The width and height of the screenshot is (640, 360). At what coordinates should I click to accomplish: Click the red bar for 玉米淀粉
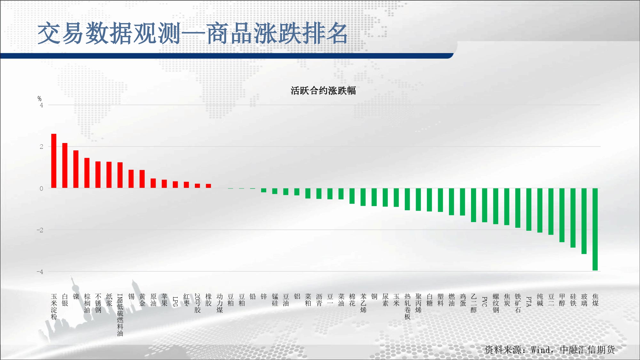click(54, 161)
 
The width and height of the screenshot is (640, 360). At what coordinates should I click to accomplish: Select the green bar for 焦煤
click(595, 229)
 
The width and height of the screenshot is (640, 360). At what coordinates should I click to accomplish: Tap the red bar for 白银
click(65, 165)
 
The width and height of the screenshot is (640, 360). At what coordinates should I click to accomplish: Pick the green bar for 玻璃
click(584, 221)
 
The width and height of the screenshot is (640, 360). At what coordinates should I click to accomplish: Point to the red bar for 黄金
click(142, 179)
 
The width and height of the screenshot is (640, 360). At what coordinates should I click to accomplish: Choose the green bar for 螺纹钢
click(496, 206)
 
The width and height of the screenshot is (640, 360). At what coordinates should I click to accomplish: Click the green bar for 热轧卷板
click(407, 199)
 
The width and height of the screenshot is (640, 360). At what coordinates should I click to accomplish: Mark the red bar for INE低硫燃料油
click(120, 175)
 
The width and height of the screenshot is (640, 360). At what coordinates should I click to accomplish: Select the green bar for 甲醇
click(562, 215)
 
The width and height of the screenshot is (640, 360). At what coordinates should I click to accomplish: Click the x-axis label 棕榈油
click(87, 303)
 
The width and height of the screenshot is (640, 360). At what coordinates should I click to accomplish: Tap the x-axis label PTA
click(529, 301)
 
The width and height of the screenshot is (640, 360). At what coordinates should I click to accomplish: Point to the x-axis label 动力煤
click(220, 303)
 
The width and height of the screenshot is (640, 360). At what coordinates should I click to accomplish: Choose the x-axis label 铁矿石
click(518, 303)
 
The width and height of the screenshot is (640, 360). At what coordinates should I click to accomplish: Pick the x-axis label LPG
click(175, 301)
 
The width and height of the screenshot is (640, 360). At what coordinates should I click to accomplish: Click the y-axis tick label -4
click(40, 272)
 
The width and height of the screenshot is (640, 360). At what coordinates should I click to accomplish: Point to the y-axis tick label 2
click(41, 147)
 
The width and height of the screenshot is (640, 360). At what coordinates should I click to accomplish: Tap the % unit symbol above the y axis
click(39, 99)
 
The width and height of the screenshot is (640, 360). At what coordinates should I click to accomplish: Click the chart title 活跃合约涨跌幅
click(323, 91)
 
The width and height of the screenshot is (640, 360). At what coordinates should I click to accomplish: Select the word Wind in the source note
click(541, 350)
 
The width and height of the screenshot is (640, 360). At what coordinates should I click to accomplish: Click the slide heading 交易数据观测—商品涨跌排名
click(193, 33)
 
